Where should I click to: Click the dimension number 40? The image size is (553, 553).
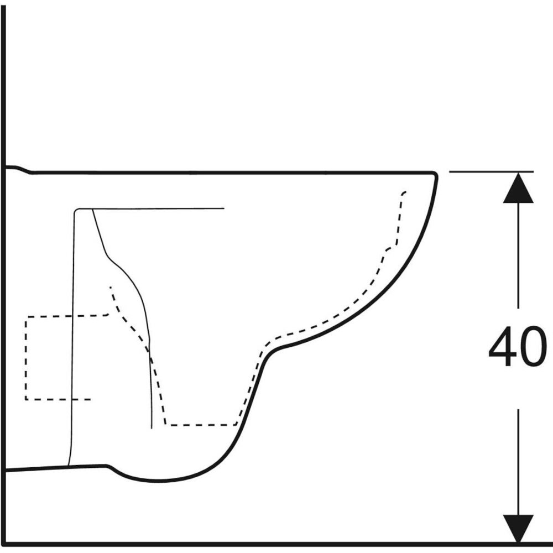click(518, 346)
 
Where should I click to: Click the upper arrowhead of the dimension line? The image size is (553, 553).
click(518, 187)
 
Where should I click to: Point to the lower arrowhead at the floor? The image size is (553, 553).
click(518, 529)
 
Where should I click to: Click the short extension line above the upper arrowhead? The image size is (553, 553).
click(491, 172)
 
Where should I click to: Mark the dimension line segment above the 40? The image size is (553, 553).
click(518, 255)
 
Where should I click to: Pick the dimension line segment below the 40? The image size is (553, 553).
click(518, 462)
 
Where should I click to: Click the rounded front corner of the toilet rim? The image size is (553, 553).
click(435, 174)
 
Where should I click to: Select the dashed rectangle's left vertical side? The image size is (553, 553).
click(26, 358)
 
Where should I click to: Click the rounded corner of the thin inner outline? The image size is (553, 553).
click(76, 211)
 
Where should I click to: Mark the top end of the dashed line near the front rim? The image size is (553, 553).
click(405, 192)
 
